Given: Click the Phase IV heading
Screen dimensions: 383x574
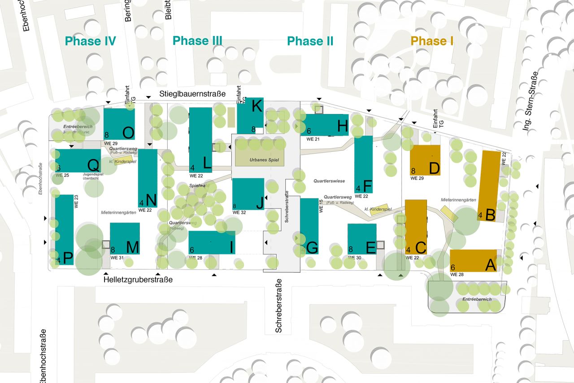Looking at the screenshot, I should (x=91, y=41).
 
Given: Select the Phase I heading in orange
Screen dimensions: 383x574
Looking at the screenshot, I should (x=432, y=41).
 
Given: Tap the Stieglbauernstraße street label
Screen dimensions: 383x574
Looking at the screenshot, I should (x=192, y=93).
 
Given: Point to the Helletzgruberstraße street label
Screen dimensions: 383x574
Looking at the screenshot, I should (x=138, y=279).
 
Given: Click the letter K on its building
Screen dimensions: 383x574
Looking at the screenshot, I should (x=257, y=106).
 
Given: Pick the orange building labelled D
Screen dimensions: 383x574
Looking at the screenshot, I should (x=425, y=160).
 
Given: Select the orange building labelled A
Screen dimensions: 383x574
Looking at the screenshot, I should (x=473, y=260).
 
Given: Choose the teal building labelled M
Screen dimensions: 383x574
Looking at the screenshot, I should (x=125, y=238).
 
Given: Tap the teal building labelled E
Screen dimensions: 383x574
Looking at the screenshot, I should (x=362, y=239).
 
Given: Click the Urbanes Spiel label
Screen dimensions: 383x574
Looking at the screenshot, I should (x=260, y=159).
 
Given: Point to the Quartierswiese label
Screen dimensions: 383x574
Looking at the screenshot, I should (x=330, y=181).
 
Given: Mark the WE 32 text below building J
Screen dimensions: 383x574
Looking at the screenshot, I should (x=240, y=213).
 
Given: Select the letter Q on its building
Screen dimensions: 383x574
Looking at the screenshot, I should (x=93, y=165).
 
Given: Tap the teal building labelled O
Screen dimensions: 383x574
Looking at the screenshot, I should (x=119, y=124).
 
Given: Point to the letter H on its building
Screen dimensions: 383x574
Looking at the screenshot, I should (x=342, y=128).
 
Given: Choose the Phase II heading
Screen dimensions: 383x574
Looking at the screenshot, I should (x=310, y=41).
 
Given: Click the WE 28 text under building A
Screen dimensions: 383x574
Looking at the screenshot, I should (x=457, y=274).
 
